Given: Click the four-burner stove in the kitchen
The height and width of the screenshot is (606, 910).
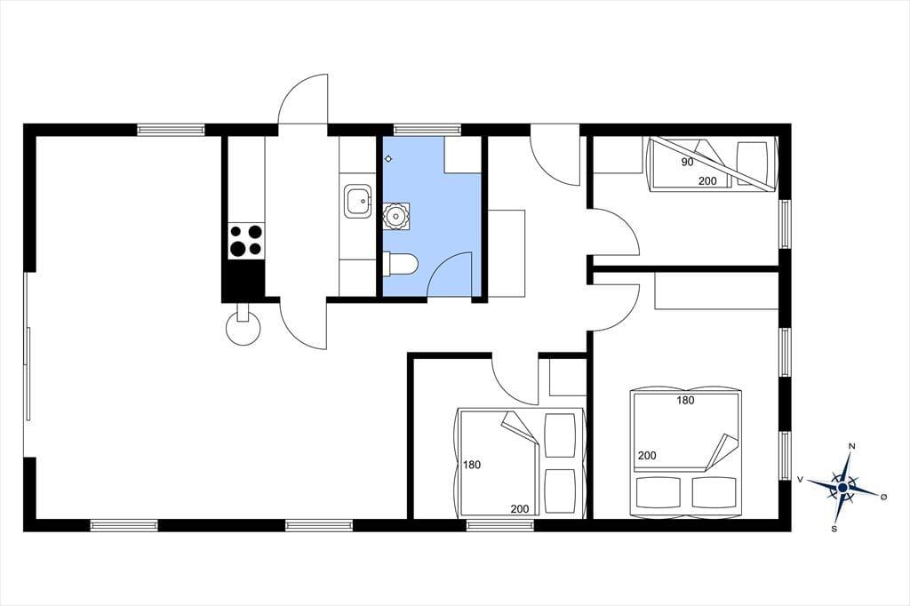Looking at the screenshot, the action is pos(246,241).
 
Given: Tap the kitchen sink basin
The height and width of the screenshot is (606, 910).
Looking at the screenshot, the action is pos(357,202).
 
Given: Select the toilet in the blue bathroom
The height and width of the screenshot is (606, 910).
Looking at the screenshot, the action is pos(401,264).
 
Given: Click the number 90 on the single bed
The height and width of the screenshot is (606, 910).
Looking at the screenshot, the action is pos(687,162).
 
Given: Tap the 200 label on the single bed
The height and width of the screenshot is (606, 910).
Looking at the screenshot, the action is pos(707,181).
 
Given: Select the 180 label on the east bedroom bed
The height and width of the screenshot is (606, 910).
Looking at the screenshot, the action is pos(685,400).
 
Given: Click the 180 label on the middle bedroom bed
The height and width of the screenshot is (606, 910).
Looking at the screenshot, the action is pos(472,465).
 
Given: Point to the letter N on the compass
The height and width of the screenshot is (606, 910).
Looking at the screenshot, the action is pos(852,446).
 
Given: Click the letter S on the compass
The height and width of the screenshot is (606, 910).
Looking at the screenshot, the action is pos(834,529).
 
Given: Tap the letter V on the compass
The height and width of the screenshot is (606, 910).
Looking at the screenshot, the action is pos(800,479).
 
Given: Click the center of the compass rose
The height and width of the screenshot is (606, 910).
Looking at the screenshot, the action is pos(842,488).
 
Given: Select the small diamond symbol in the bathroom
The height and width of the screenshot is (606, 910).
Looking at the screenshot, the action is pos(388,158).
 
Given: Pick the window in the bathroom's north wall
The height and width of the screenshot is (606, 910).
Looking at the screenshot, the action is pos(427,130).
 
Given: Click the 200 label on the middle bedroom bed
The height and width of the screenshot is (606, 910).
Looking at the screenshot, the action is pos(519,509).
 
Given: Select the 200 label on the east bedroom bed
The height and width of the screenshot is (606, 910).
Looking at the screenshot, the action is pos(647,456).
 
